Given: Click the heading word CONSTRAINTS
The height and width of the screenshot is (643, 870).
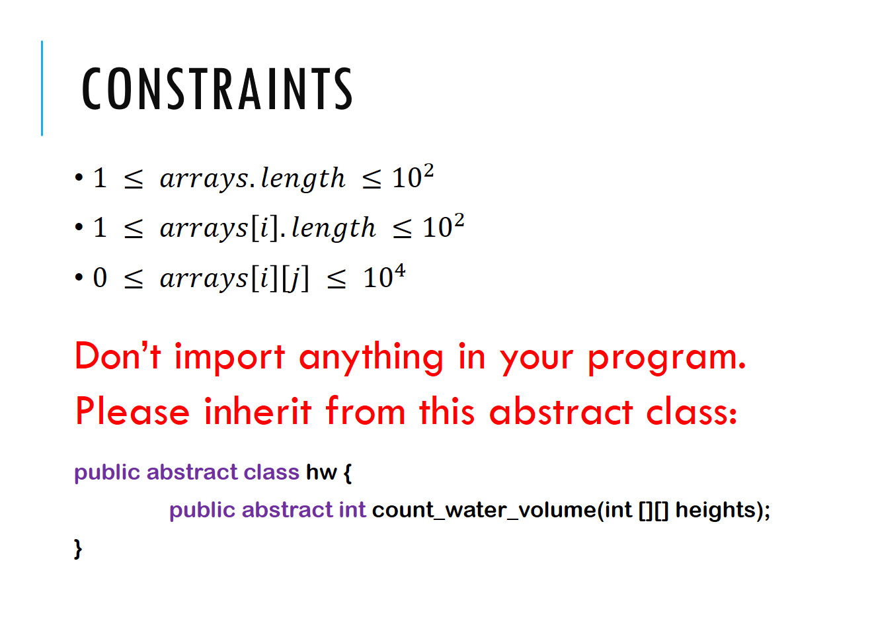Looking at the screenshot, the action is coord(217,88).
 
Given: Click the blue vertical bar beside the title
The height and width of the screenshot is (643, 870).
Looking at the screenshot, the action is coord(42,88).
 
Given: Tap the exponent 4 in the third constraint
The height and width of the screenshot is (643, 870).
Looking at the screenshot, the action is coord(399,271).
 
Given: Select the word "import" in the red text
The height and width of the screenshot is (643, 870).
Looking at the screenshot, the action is coord(229,356).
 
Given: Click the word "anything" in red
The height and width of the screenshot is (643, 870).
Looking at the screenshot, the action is coord(371,357).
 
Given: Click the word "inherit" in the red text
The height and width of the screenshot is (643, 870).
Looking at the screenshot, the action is coord(258,411).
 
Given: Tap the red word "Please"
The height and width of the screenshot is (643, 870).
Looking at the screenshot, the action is coord(132,411).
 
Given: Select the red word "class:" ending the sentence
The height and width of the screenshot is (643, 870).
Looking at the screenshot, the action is coord(692,411).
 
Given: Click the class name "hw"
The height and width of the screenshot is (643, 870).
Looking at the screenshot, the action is coord(321,472).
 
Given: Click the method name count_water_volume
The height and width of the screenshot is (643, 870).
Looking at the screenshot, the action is coord(483,510).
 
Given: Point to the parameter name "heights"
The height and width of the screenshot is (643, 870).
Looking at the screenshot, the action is coord(715,509).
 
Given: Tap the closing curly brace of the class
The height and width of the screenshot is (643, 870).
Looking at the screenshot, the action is coord(78,548).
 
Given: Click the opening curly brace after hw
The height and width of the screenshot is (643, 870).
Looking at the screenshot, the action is coord(348,472).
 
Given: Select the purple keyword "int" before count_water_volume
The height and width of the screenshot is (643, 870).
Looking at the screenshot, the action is coord(352,509).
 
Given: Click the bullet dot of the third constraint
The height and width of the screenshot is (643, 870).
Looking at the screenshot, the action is coord(79,277).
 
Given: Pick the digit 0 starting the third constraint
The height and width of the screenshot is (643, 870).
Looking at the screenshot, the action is coord(100,278).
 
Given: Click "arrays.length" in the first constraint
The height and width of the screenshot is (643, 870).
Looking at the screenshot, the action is coord(253,179).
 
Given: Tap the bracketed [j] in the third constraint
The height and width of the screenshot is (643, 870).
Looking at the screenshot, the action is coord(296,279).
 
